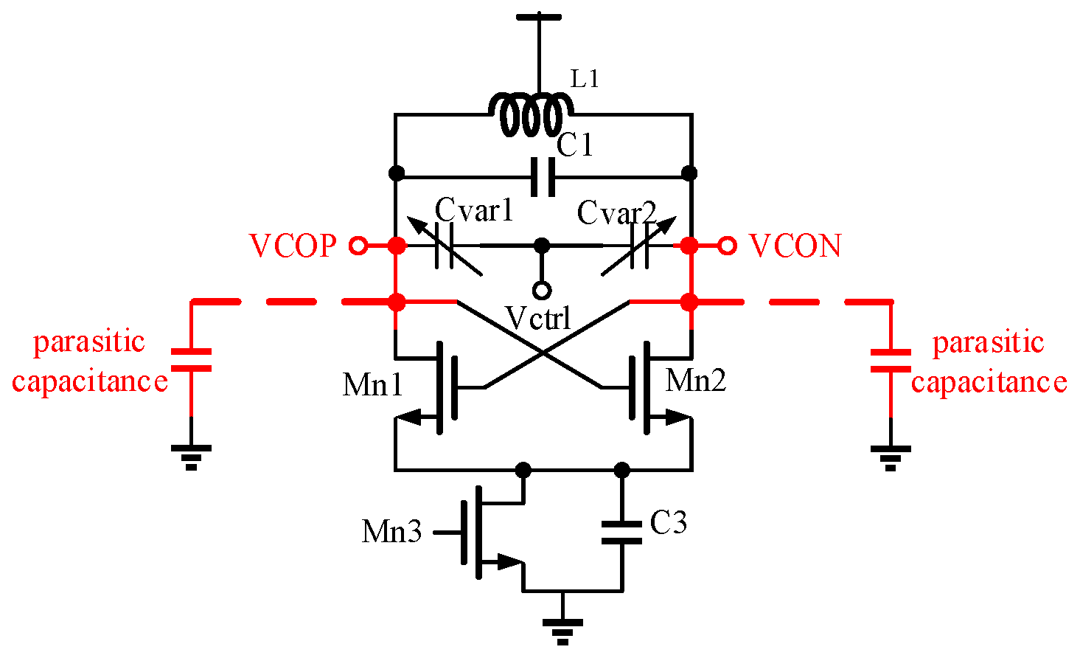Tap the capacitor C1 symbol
[543, 177]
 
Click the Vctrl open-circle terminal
[542, 290]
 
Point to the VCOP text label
[293, 246]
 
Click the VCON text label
[795, 246]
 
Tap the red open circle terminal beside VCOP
[358, 246]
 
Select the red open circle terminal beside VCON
[728, 246]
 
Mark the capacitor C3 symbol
[621, 532]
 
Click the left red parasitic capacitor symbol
[191, 360]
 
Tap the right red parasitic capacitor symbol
[891, 360]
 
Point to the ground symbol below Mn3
[562, 627]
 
